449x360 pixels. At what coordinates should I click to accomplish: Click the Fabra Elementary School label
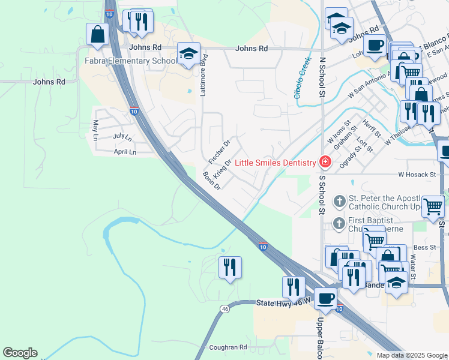pos(130,61)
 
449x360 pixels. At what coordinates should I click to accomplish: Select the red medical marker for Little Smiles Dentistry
pos(325,162)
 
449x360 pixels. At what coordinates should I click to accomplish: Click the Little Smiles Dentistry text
pos(275,163)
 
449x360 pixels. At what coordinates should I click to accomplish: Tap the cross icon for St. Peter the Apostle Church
pos(340,200)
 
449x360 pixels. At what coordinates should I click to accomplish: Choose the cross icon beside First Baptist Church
pos(340,224)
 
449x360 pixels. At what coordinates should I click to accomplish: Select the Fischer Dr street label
pos(218,152)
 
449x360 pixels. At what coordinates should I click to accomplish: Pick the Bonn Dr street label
pos(212,180)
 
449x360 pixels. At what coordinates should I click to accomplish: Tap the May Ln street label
pos(95,130)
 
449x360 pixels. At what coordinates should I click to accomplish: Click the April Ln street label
pos(125,152)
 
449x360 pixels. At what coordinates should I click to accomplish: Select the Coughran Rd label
pos(228,347)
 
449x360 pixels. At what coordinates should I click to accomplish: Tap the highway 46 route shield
pos(224,309)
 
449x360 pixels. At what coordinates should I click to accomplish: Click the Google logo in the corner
pos(20,353)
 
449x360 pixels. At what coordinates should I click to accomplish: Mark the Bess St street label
pos(424,247)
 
